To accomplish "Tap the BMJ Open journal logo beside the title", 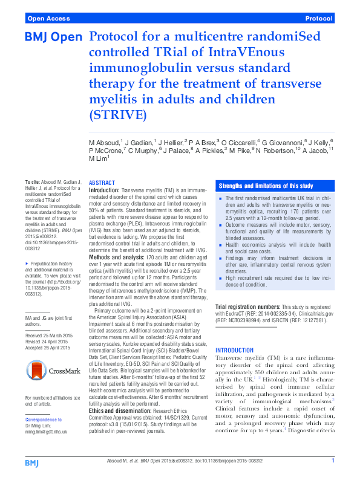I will click(x=53, y=38).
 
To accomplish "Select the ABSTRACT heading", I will click(x=102, y=183).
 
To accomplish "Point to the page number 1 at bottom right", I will click(x=333, y=461).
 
